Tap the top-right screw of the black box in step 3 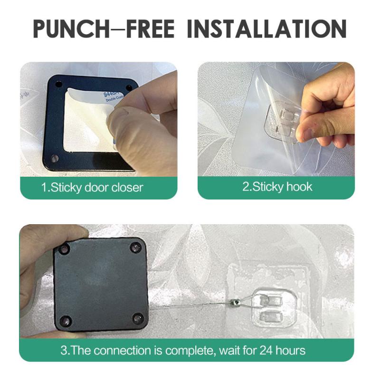point(135,247)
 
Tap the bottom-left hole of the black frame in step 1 point(54,158)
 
